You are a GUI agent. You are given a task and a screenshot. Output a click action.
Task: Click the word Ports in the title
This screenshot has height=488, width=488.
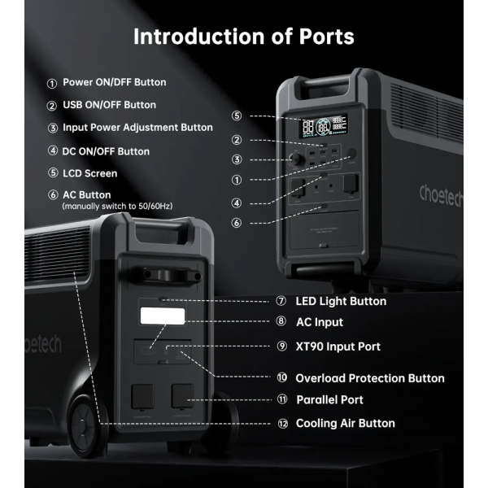(x=326, y=37)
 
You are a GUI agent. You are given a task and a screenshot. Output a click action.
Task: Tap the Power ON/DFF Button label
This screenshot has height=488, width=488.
(x=114, y=82)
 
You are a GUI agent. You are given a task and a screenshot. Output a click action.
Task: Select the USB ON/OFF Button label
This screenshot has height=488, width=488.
(x=109, y=105)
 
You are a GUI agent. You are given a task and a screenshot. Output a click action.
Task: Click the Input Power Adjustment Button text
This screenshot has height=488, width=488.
(x=137, y=128)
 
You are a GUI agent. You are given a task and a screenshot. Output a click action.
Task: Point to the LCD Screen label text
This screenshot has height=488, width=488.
(x=90, y=173)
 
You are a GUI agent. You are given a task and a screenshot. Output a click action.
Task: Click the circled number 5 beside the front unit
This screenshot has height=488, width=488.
(x=237, y=115)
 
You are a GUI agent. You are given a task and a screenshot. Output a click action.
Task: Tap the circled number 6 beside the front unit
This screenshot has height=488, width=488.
(x=237, y=223)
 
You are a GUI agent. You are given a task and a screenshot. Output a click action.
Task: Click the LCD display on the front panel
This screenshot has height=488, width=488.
(x=324, y=126)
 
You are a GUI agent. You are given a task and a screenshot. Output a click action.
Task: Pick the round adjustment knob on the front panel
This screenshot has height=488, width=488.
(x=295, y=159)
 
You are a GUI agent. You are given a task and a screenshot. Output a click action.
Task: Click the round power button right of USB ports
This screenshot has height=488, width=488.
(x=351, y=153)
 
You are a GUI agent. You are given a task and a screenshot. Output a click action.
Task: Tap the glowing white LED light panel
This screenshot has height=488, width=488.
(x=163, y=316)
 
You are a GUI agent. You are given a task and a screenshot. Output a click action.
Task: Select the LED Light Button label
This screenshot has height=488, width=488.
(x=341, y=301)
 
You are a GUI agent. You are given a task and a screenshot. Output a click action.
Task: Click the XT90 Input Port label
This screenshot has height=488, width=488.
(x=338, y=346)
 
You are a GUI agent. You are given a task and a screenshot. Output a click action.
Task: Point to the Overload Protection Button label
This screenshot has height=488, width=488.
(x=370, y=378)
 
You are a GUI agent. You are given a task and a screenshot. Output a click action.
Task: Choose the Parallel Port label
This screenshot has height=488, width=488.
(x=329, y=399)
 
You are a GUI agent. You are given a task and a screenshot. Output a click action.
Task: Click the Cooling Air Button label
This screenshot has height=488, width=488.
(x=345, y=423)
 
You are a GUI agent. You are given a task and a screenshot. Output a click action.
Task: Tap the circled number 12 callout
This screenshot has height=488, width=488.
(x=282, y=424)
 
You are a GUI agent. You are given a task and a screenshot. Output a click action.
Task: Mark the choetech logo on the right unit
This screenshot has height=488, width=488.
(x=441, y=195)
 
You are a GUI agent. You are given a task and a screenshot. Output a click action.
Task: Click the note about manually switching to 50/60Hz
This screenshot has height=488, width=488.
(x=117, y=207)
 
